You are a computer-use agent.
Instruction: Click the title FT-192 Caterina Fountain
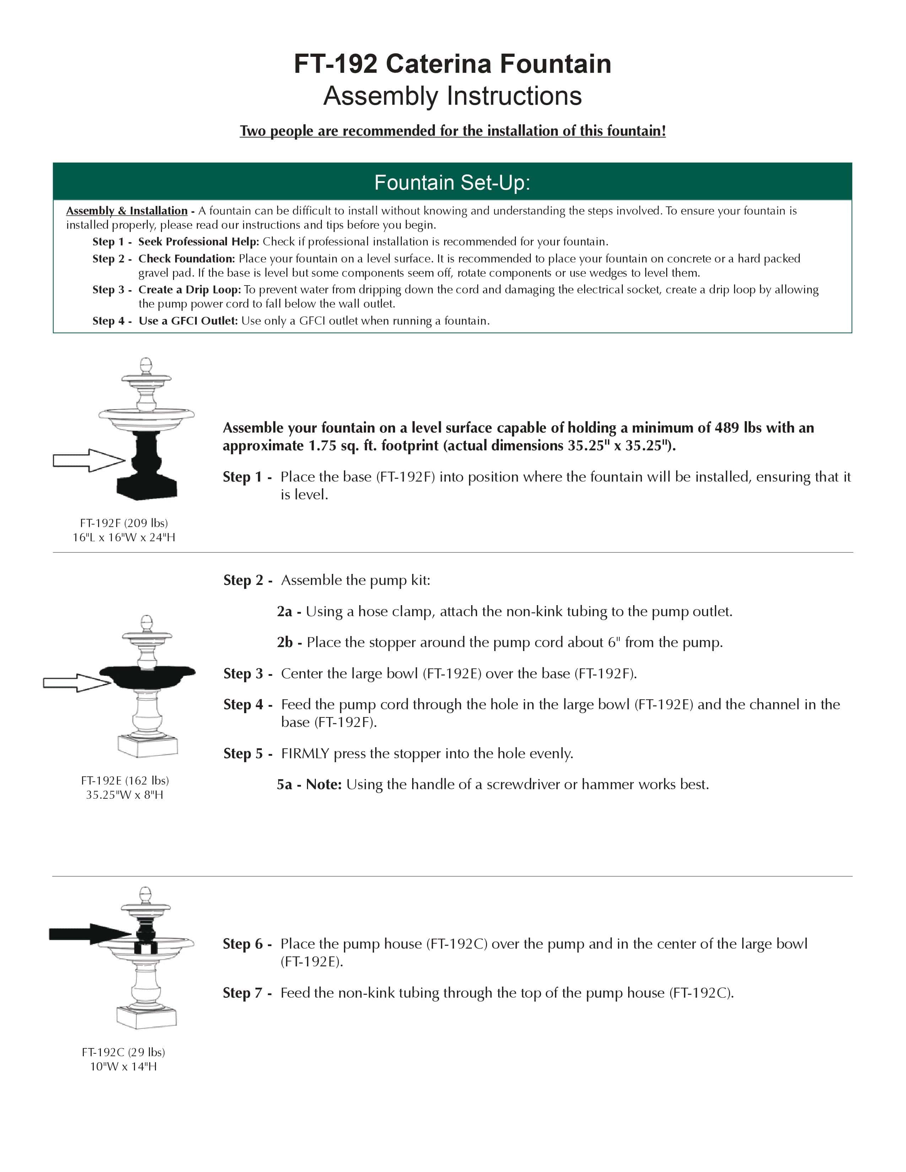pos(452,64)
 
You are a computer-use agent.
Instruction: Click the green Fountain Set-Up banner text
pos(452,183)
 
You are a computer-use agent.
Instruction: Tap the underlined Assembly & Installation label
pos(127,211)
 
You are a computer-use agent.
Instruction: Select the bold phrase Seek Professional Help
pos(198,242)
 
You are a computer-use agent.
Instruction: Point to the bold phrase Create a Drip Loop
pos(189,290)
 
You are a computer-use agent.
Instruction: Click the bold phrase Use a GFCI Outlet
pos(188,321)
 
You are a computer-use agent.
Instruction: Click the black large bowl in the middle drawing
pos(147,677)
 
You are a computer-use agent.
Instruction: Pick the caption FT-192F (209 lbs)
pos(124,523)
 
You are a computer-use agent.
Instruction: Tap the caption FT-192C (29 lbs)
pos(123,1052)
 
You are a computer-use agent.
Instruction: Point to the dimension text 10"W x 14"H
pos(123,1066)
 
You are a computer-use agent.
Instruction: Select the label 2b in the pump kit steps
pos(285,642)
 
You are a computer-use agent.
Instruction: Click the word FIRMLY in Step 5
pos(305,753)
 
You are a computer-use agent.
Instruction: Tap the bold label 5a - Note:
pos(309,785)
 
